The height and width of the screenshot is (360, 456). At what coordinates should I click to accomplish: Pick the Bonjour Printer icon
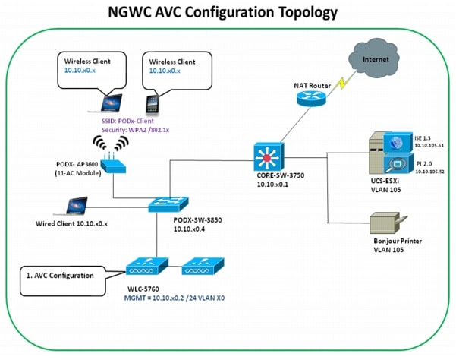tap(385, 226)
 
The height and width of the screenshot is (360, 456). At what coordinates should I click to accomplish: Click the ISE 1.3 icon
tap(395, 142)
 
